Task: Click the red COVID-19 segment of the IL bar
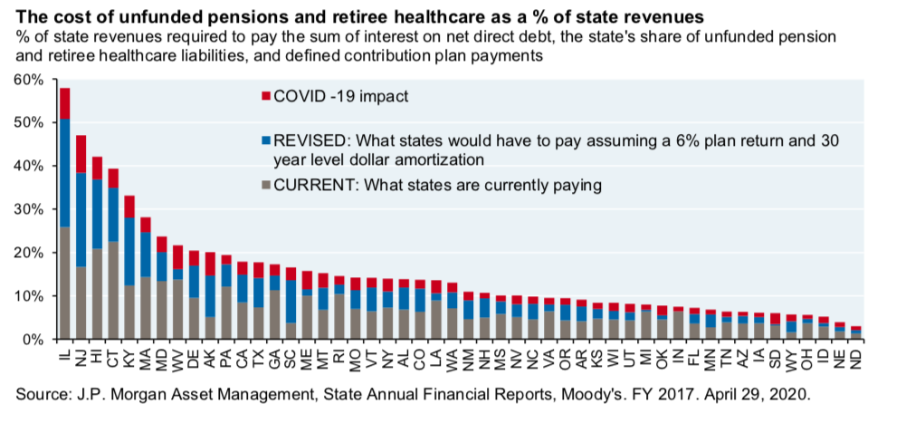[64, 103]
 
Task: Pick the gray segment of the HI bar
[97, 293]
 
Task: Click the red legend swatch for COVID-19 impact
[266, 95]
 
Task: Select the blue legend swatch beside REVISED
[266, 141]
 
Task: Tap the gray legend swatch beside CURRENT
[266, 186]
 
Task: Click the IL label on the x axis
[65, 353]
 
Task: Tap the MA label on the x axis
[146, 355]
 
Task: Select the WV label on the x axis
[178, 355]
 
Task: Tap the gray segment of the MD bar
[162, 310]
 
